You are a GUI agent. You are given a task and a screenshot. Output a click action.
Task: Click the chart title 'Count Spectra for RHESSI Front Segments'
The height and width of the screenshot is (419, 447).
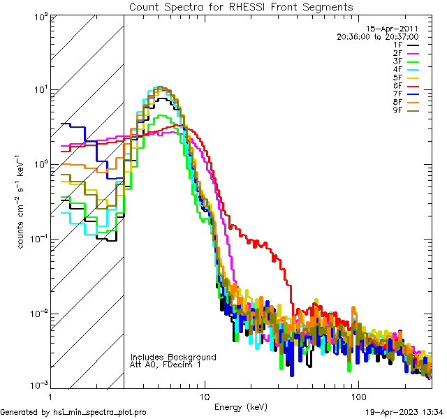pos(241,6)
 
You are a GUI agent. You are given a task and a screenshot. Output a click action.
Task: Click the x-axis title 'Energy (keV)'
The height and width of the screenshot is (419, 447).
pos(242,407)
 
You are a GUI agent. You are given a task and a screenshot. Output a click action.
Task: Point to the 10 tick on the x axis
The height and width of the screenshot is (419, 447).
pos(205,395)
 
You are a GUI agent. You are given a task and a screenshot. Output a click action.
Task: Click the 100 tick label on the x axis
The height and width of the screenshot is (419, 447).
pos(358,395)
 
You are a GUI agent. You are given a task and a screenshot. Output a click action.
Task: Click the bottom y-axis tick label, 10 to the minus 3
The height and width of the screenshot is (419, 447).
pos(39,385)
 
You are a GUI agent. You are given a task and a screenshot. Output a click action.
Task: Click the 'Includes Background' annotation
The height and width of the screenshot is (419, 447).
pos(173,357)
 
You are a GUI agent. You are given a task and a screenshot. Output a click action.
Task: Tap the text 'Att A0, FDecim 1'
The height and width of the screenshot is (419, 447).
pos(165,365)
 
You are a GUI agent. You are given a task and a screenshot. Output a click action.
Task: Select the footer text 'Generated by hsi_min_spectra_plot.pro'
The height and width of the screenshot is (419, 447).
pos(74,412)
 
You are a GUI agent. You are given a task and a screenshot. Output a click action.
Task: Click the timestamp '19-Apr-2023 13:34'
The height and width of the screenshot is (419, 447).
pos(404,412)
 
